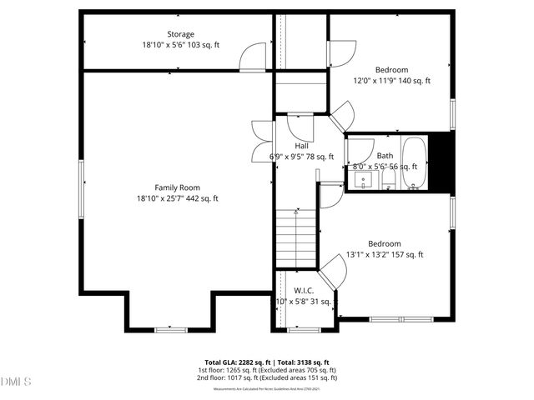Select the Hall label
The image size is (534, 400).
[x=301, y=145]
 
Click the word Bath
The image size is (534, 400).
[x=385, y=155]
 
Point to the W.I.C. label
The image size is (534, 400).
[x=303, y=290]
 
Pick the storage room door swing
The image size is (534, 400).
[x=252, y=57]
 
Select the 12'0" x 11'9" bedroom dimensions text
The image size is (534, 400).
[x=391, y=81]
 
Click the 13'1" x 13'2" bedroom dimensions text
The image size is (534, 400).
[x=385, y=255]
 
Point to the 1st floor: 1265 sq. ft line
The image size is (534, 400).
[x=267, y=370]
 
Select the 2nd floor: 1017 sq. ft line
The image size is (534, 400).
[x=267, y=378]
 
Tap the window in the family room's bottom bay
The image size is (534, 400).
[x=170, y=329]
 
